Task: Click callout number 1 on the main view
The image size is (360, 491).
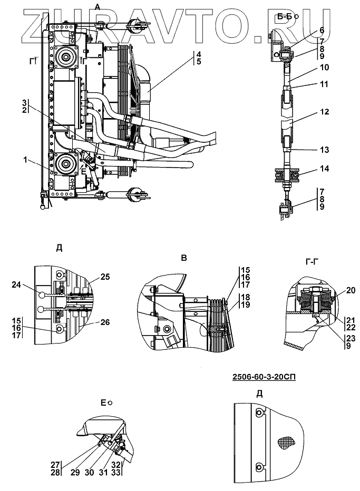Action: (25, 160)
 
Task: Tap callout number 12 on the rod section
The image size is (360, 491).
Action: (325, 112)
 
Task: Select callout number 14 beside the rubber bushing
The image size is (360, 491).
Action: (325, 169)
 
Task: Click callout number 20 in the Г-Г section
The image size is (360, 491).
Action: (351, 290)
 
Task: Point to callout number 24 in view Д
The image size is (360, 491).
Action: (17, 284)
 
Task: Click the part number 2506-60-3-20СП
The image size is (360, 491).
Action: (264, 377)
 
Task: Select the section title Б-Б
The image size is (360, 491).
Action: (285, 17)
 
